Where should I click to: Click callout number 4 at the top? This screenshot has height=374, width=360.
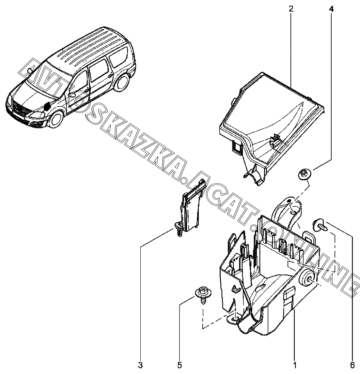pos(331,9)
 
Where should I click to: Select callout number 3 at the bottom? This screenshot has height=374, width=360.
pos(140,365)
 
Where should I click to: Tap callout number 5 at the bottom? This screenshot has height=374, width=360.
pos(180,365)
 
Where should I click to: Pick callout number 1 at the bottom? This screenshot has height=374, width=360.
pos(294,365)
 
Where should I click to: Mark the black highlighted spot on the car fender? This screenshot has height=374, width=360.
pos(48,106)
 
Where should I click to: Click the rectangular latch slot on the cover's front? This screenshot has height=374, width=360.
pos(236,148)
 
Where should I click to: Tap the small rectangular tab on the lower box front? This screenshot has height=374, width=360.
pos(289,293)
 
